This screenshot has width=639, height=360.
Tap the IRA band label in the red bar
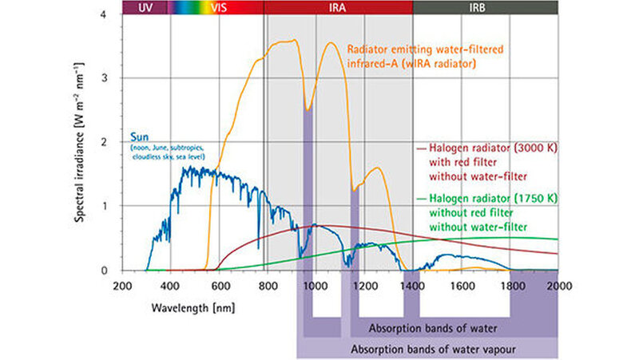339,6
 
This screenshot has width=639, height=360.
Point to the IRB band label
485,6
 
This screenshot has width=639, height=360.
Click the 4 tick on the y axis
105,14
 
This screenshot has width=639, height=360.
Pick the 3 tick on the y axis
105,78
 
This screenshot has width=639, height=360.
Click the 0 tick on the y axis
105,271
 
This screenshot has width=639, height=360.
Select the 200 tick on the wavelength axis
121,285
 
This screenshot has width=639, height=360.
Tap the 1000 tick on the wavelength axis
315,285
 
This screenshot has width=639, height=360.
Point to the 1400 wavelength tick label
412,285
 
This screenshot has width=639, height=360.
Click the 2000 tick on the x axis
558,285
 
